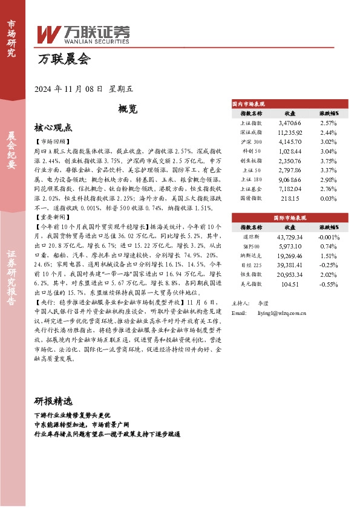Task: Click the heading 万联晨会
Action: (x=63, y=59)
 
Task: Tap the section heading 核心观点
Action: (x=53, y=128)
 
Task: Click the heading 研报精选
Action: (x=53, y=401)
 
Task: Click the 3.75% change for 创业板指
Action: (x=327, y=161)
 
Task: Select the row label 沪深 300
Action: (x=251, y=142)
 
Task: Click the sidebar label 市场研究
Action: (x=11, y=37)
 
